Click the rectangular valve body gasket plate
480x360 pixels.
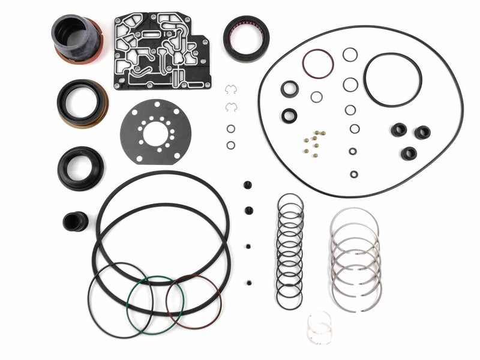pos(161,51)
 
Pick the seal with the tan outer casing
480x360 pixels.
pos(82,103)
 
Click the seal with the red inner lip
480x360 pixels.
pos(246,38)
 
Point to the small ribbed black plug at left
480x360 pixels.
pos(75,221)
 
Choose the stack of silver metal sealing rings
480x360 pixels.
pos(355,258)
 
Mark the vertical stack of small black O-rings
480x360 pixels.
pos(290,250)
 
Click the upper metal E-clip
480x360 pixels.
pos(231,90)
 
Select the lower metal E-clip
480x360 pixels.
pos(231,107)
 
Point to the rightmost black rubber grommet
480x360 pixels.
pos(422,133)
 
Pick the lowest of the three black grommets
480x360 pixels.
pos(409,153)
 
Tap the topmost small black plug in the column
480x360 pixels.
pos(247,185)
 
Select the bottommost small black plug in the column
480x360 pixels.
pos(248,282)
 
